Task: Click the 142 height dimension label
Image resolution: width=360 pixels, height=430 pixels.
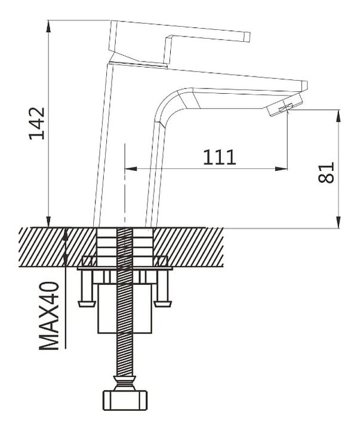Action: tap(38, 123)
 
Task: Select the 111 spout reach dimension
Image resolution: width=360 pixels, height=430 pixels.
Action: tap(219, 157)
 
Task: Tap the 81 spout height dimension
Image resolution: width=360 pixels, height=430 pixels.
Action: tap(327, 173)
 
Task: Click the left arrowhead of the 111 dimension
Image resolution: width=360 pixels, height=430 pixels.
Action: tap(128, 168)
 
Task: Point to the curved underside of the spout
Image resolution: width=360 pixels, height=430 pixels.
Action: tap(170, 102)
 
